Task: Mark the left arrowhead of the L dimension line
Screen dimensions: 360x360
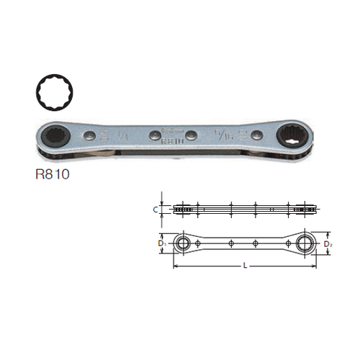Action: pyautogui.click(x=174, y=266)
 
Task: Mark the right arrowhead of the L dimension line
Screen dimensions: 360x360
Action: pyautogui.click(x=318, y=266)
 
